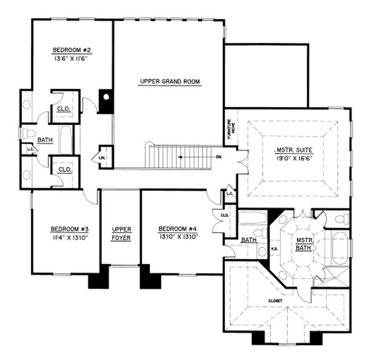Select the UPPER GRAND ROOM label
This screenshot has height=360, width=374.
(170, 82)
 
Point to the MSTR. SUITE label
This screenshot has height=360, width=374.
(293, 150)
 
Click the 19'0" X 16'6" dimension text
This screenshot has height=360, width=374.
(293, 158)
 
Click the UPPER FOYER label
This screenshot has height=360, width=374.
(121, 233)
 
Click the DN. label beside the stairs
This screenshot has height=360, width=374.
(219, 157)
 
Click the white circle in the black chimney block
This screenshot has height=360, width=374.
(106, 98)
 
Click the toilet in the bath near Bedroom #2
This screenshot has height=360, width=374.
(29, 133)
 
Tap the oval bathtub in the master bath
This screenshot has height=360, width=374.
(340, 246)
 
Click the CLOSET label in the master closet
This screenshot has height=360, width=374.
(275, 301)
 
